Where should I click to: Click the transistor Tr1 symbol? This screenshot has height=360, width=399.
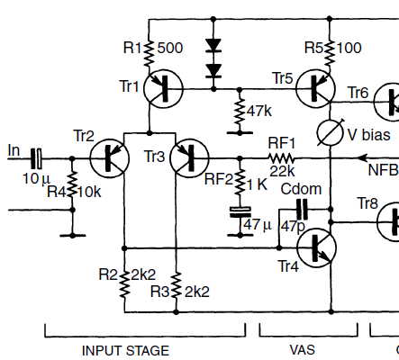[164, 89]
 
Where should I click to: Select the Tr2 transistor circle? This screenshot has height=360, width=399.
[110, 158]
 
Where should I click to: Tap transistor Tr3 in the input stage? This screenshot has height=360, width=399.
[189, 158]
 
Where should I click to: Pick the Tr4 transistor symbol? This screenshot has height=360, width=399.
[316, 247]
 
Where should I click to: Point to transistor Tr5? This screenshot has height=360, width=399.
[315, 89]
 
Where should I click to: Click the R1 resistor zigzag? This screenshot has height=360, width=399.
[149, 53]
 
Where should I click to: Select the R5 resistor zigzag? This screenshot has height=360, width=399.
[330, 53]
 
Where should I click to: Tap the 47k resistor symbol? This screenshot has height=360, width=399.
[240, 111]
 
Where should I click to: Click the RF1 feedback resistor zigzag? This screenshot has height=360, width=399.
[281, 158]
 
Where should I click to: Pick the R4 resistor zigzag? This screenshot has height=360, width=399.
[72, 184]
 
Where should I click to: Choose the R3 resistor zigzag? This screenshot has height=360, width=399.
[177, 285]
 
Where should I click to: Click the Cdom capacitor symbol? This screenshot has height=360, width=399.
[302, 209]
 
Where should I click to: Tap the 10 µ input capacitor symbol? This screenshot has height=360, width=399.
[37, 158]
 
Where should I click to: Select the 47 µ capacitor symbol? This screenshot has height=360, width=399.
[240, 211]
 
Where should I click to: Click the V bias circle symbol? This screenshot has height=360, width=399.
[330, 132]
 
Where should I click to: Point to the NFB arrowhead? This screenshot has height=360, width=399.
[362, 158]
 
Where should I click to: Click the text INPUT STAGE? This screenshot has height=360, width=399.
[125, 351]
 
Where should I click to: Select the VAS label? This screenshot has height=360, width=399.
[303, 350]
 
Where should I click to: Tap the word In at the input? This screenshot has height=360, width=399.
[14, 150]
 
